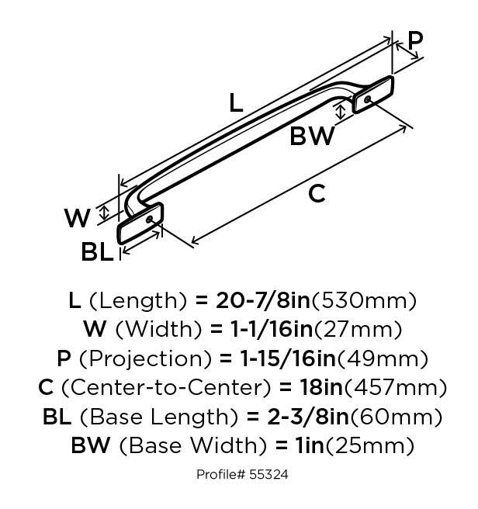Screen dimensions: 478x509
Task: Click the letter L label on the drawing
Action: tap(236, 103)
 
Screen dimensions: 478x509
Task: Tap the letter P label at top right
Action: tap(415, 40)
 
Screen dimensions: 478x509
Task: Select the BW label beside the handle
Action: tap(312, 136)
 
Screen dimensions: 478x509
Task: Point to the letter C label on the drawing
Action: tap(317, 193)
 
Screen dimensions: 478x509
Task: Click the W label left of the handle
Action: tap(78, 218)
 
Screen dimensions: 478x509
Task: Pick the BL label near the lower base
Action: tap(97, 252)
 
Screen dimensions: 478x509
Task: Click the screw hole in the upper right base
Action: tap(368, 99)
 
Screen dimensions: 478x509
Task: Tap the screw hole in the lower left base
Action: tap(150, 220)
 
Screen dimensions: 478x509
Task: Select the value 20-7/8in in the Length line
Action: tap(263, 300)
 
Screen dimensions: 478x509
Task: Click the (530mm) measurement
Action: tap(364, 301)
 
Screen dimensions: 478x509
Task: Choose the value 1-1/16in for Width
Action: tap(271, 329)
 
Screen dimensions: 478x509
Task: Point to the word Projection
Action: tap(145, 359)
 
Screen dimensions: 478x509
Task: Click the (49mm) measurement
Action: tap(383, 359)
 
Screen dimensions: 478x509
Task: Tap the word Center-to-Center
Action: tap(165, 388)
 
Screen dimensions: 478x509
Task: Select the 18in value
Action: tap(321, 388)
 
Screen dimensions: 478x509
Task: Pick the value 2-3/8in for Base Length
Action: tap(308, 417)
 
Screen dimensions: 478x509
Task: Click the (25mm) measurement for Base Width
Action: tap(370, 445)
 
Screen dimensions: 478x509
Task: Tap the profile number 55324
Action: tap(268, 475)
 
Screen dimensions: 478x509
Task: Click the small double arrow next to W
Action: tap(104, 213)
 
